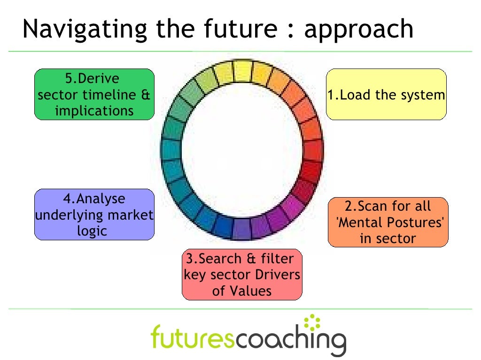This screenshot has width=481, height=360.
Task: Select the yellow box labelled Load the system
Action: pos(386,94)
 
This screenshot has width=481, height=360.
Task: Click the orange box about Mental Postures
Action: pos(388,222)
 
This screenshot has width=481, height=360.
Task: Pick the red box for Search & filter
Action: pos(242,275)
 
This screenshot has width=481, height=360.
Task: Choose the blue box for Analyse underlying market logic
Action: pos(94,214)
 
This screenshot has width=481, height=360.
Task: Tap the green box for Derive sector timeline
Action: pos(94,94)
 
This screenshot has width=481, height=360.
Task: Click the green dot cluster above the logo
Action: pos(311,323)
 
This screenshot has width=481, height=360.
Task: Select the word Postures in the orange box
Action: pos(418,222)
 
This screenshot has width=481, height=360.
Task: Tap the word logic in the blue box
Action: pos(93,230)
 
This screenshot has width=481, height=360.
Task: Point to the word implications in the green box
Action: pos(94,111)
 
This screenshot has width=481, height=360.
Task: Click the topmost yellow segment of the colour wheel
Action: pos(242,71)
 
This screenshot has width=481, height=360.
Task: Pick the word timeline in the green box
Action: pos(109,95)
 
